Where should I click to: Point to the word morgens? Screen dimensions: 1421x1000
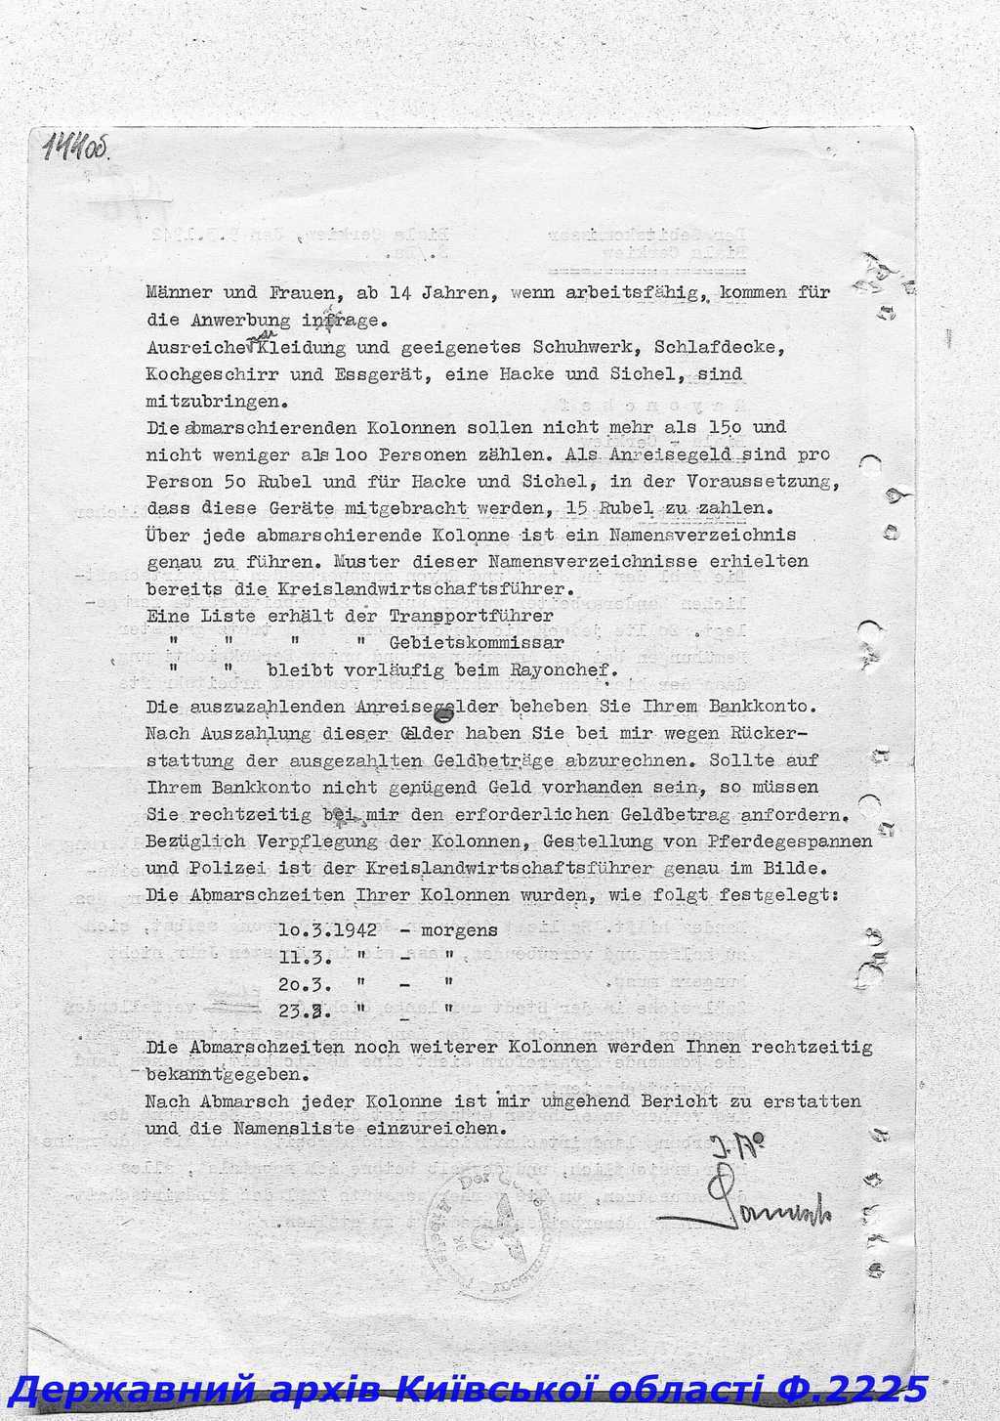[459, 929]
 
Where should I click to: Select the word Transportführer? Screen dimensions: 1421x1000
[471, 616]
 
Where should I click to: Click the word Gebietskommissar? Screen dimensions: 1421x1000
[477, 643]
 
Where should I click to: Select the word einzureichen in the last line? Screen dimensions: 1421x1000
[438, 1128]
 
